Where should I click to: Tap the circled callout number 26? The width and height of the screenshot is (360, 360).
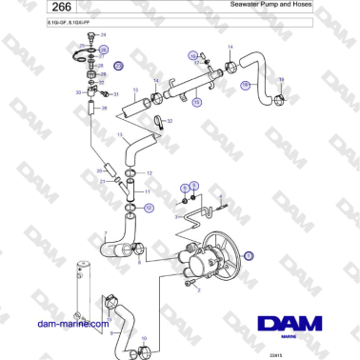tap(104, 48)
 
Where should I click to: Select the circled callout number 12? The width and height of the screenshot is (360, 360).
tap(149, 188)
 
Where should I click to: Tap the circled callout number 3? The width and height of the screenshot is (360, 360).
tap(250, 255)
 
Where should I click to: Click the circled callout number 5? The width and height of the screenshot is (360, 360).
tap(194, 187)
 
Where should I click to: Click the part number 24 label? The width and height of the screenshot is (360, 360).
tap(92, 35)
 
